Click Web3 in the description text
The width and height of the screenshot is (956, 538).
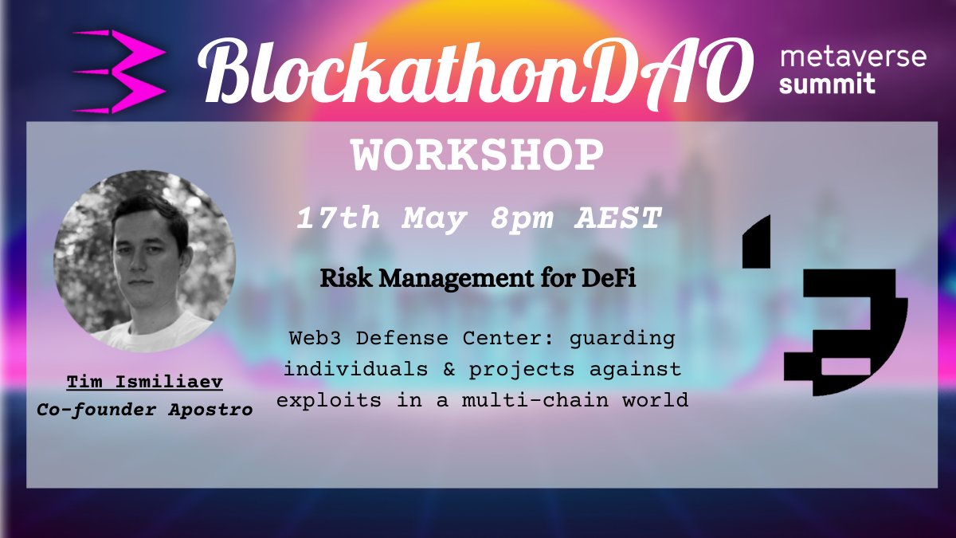coord(315,337)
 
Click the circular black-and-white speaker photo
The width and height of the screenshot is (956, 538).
coord(144,264)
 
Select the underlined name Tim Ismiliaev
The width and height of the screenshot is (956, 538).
coord(144,383)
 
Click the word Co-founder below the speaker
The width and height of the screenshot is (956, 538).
coord(104,410)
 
